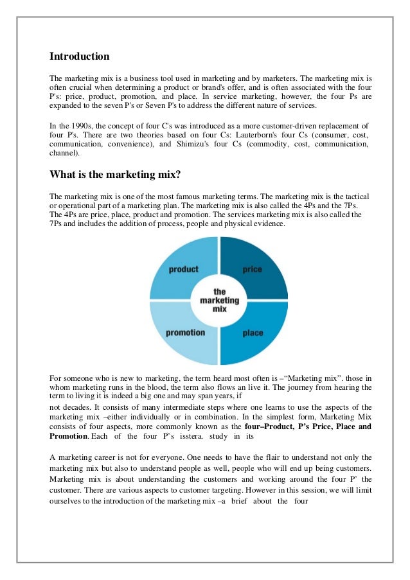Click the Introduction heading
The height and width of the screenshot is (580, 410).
coord(80,57)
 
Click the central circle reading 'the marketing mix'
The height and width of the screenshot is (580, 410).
coord(219,300)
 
